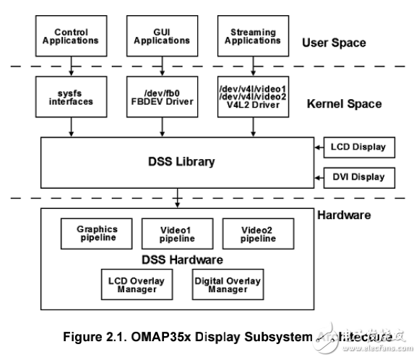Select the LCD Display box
click(358, 147)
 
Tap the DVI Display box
click(358, 176)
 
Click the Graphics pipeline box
click(96, 233)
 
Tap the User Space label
click(333, 43)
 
